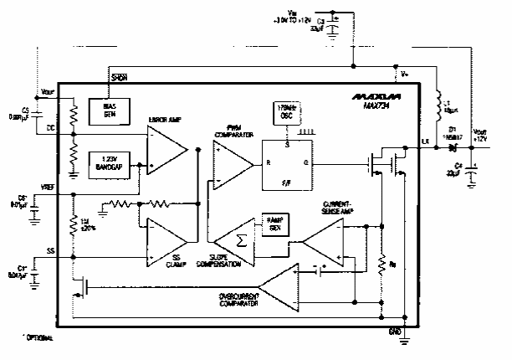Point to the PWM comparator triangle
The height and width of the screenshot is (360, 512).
pyautogui.click(x=230, y=162)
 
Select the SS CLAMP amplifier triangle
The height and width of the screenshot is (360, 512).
pyautogui.click(x=167, y=244)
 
